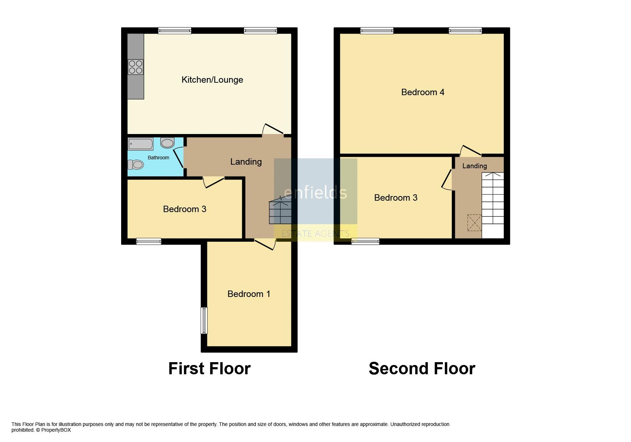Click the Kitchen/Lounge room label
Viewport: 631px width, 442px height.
pyautogui.click(x=212, y=80)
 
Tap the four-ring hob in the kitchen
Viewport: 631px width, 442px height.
pyautogui.click(x=135, y=67)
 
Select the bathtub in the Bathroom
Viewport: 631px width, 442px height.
pyautogui.click(x=141, y=144)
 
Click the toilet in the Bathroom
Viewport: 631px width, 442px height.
pyautogui.click(x=136, y=165)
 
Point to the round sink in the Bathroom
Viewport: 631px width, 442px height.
pyautogui.click(x=167, y=143)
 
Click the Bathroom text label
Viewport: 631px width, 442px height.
pyautogui.click(x=158, y=158)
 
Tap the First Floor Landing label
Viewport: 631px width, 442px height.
pyautogui.click(x=246, y=162)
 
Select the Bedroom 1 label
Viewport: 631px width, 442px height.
pyautogui.click(x=249, y=294)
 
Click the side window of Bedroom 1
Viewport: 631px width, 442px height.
pyautogui.click(x=204, y=320)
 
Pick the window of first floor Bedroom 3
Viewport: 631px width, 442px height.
pyautogui.click(x=149, y=241)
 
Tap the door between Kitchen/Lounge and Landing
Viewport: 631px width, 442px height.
pyautogui.click(x=273, y=130)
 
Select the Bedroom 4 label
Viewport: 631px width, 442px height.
pyautogui.click(x=423, y=92)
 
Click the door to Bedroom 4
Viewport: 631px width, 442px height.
pyautogui.click(x=470, y=151)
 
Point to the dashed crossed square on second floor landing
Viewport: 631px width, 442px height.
pyautogui.click(x=474, y=222)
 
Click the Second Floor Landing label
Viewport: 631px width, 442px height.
pyautogui.click(x=474, y=166)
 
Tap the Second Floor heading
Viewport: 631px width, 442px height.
pyautogui.click(x=422, y=369)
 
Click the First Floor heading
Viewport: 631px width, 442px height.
pyautogui.click(x=210, y=369)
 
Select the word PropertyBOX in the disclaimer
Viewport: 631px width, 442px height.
pyautogui.click(x=56, y=430)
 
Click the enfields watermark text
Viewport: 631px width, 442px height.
pyautogui.click(x=315, y=192)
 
